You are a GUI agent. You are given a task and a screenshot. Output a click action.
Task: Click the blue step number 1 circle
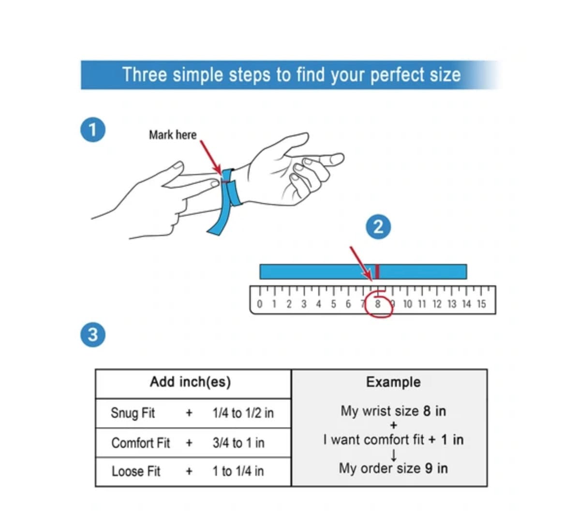(93, 130)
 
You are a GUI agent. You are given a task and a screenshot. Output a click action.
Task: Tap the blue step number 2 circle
(378, 226)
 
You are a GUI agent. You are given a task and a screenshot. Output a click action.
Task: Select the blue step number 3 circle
(93, 334)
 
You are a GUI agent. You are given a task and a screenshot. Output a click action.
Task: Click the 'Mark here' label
(173, 135)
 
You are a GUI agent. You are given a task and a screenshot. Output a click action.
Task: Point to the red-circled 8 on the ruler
(378, 304)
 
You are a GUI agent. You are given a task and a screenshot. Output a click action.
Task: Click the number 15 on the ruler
(481, 304)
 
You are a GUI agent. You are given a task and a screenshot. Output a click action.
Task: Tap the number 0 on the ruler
(260, 304)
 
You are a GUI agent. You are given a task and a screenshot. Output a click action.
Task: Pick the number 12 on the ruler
(437, 304)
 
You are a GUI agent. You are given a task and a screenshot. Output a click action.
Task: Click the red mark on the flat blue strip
(377, 271)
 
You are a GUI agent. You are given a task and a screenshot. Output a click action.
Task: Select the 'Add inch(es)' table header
(190, 382)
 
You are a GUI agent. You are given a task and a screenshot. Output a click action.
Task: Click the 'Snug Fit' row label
(133, 413)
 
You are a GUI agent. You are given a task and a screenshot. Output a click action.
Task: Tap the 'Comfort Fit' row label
(140, 443)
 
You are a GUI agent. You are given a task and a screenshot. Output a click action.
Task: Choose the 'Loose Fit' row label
(135, 471)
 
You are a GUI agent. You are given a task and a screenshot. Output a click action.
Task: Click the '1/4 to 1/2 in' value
(243, 413)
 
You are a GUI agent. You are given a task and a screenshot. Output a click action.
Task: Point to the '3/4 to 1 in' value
(238, 443)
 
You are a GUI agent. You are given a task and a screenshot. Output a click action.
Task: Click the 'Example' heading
(393, 382)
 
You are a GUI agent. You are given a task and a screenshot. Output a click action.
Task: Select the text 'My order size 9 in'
(393, 468)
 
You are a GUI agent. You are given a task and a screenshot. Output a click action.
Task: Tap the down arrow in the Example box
(394, 455)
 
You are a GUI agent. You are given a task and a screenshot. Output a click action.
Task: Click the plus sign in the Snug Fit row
(189, 413)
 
